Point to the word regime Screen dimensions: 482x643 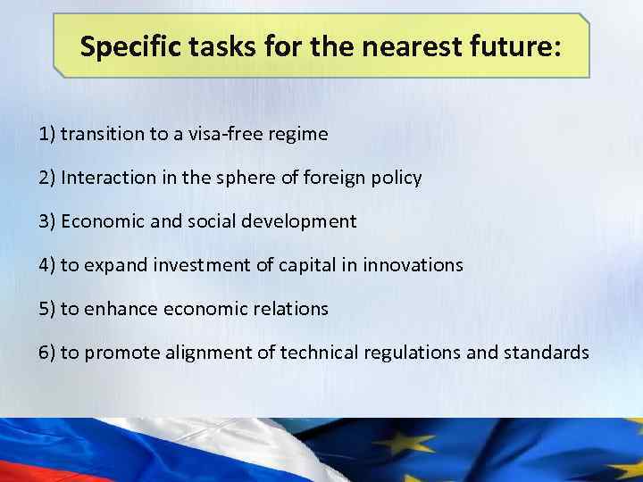pyautogui.click(x=298, y=135)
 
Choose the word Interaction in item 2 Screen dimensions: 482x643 pyautogui.click(x=106, y=178)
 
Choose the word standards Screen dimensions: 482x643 pyautogui.click(x=546, y=353)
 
